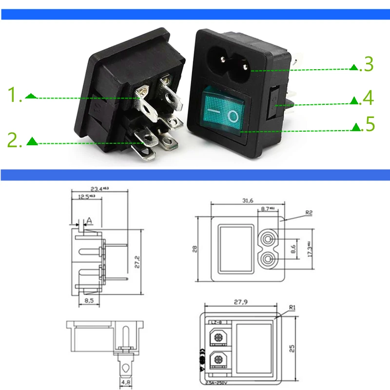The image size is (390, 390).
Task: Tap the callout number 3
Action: point(366,65)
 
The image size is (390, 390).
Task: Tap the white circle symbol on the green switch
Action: point(234,116)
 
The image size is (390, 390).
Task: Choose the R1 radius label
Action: point(292,308)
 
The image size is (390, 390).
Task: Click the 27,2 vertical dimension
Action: point(138,262)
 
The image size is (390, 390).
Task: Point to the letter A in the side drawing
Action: point(89,220)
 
